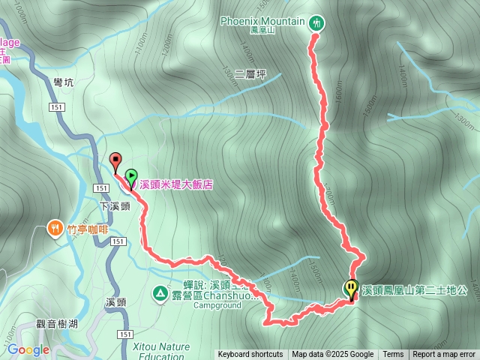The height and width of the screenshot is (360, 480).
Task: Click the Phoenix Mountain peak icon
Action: click(316, 22)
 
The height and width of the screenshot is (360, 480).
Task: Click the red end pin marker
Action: click(115, 160)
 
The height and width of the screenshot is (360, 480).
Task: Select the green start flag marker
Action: click(131, 177)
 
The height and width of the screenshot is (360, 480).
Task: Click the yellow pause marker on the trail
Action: click(351, 288)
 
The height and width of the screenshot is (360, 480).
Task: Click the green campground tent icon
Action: click(160, 292)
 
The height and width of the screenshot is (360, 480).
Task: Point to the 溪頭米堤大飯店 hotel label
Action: click(176, 184)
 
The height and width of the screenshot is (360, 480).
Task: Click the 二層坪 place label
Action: click(250, 74)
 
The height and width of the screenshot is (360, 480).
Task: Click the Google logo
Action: click(28, 349)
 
